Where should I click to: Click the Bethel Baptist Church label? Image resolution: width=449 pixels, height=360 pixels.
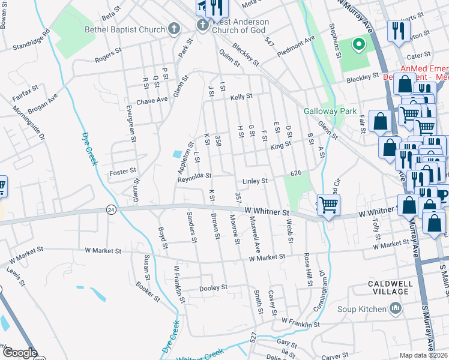point(124,29)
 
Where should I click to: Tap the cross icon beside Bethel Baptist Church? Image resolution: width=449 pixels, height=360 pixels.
point(173,28)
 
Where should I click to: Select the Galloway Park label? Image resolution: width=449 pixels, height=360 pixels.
point(330,111)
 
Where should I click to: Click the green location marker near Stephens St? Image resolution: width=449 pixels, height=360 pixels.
point(358,44)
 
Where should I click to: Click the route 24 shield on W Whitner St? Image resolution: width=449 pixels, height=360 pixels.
point(110,209)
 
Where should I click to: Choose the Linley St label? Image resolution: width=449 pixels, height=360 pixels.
point(254,181)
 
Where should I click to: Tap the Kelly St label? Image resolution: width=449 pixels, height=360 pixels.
point(241,96)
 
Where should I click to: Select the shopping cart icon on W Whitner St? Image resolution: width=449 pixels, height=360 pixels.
point(328,205)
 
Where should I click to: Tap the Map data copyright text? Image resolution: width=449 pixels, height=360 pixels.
point(423,355)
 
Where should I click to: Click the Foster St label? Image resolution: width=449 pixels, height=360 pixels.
point(124,172)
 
